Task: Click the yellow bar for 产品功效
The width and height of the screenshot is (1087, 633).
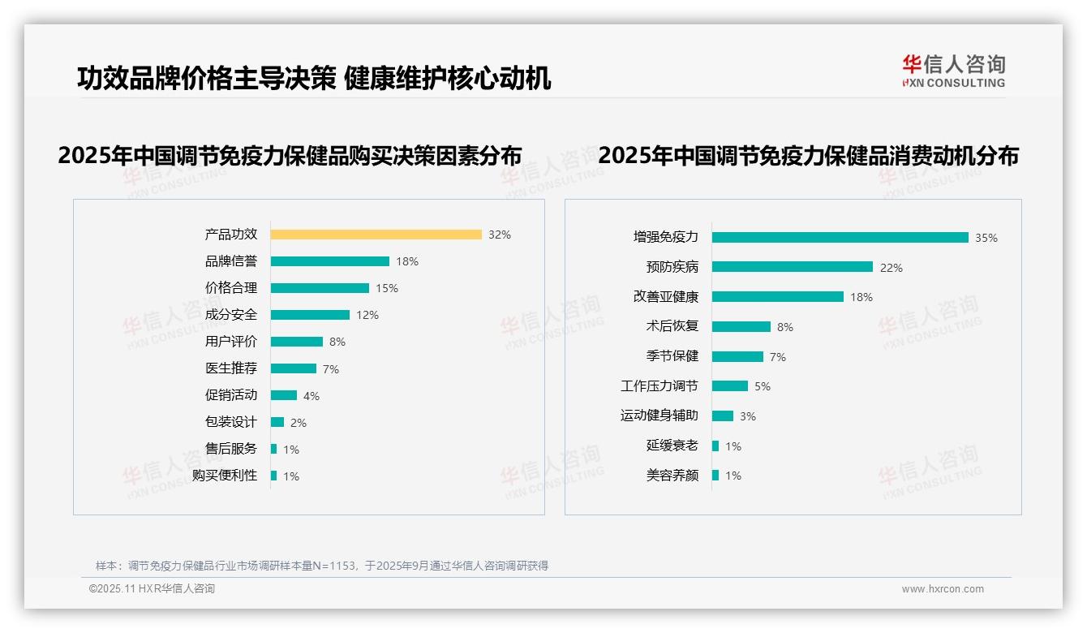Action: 376,235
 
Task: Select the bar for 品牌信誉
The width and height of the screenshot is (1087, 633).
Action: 329,261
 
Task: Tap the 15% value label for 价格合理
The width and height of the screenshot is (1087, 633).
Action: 386,288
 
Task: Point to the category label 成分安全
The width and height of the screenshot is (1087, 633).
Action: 230,315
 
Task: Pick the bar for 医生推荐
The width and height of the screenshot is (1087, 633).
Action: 293,368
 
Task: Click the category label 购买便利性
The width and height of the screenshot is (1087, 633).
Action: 224,476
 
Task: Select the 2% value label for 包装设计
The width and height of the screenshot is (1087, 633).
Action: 298,423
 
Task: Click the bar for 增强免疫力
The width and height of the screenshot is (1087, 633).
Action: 840,238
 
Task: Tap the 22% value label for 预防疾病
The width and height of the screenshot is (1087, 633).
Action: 891,268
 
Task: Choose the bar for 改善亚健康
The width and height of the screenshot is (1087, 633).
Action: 777,297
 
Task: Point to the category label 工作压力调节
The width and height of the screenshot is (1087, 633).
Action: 659,386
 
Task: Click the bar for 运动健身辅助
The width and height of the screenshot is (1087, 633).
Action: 722,416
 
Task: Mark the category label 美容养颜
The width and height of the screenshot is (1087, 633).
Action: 672,476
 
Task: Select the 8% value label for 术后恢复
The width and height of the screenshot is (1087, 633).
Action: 784,327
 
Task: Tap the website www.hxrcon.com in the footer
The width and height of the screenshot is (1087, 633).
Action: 942,589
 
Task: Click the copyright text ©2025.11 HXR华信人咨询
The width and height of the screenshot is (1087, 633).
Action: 152,589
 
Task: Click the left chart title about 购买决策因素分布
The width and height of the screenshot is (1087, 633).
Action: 290,156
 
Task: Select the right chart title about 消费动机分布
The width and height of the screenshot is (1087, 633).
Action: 808,156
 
